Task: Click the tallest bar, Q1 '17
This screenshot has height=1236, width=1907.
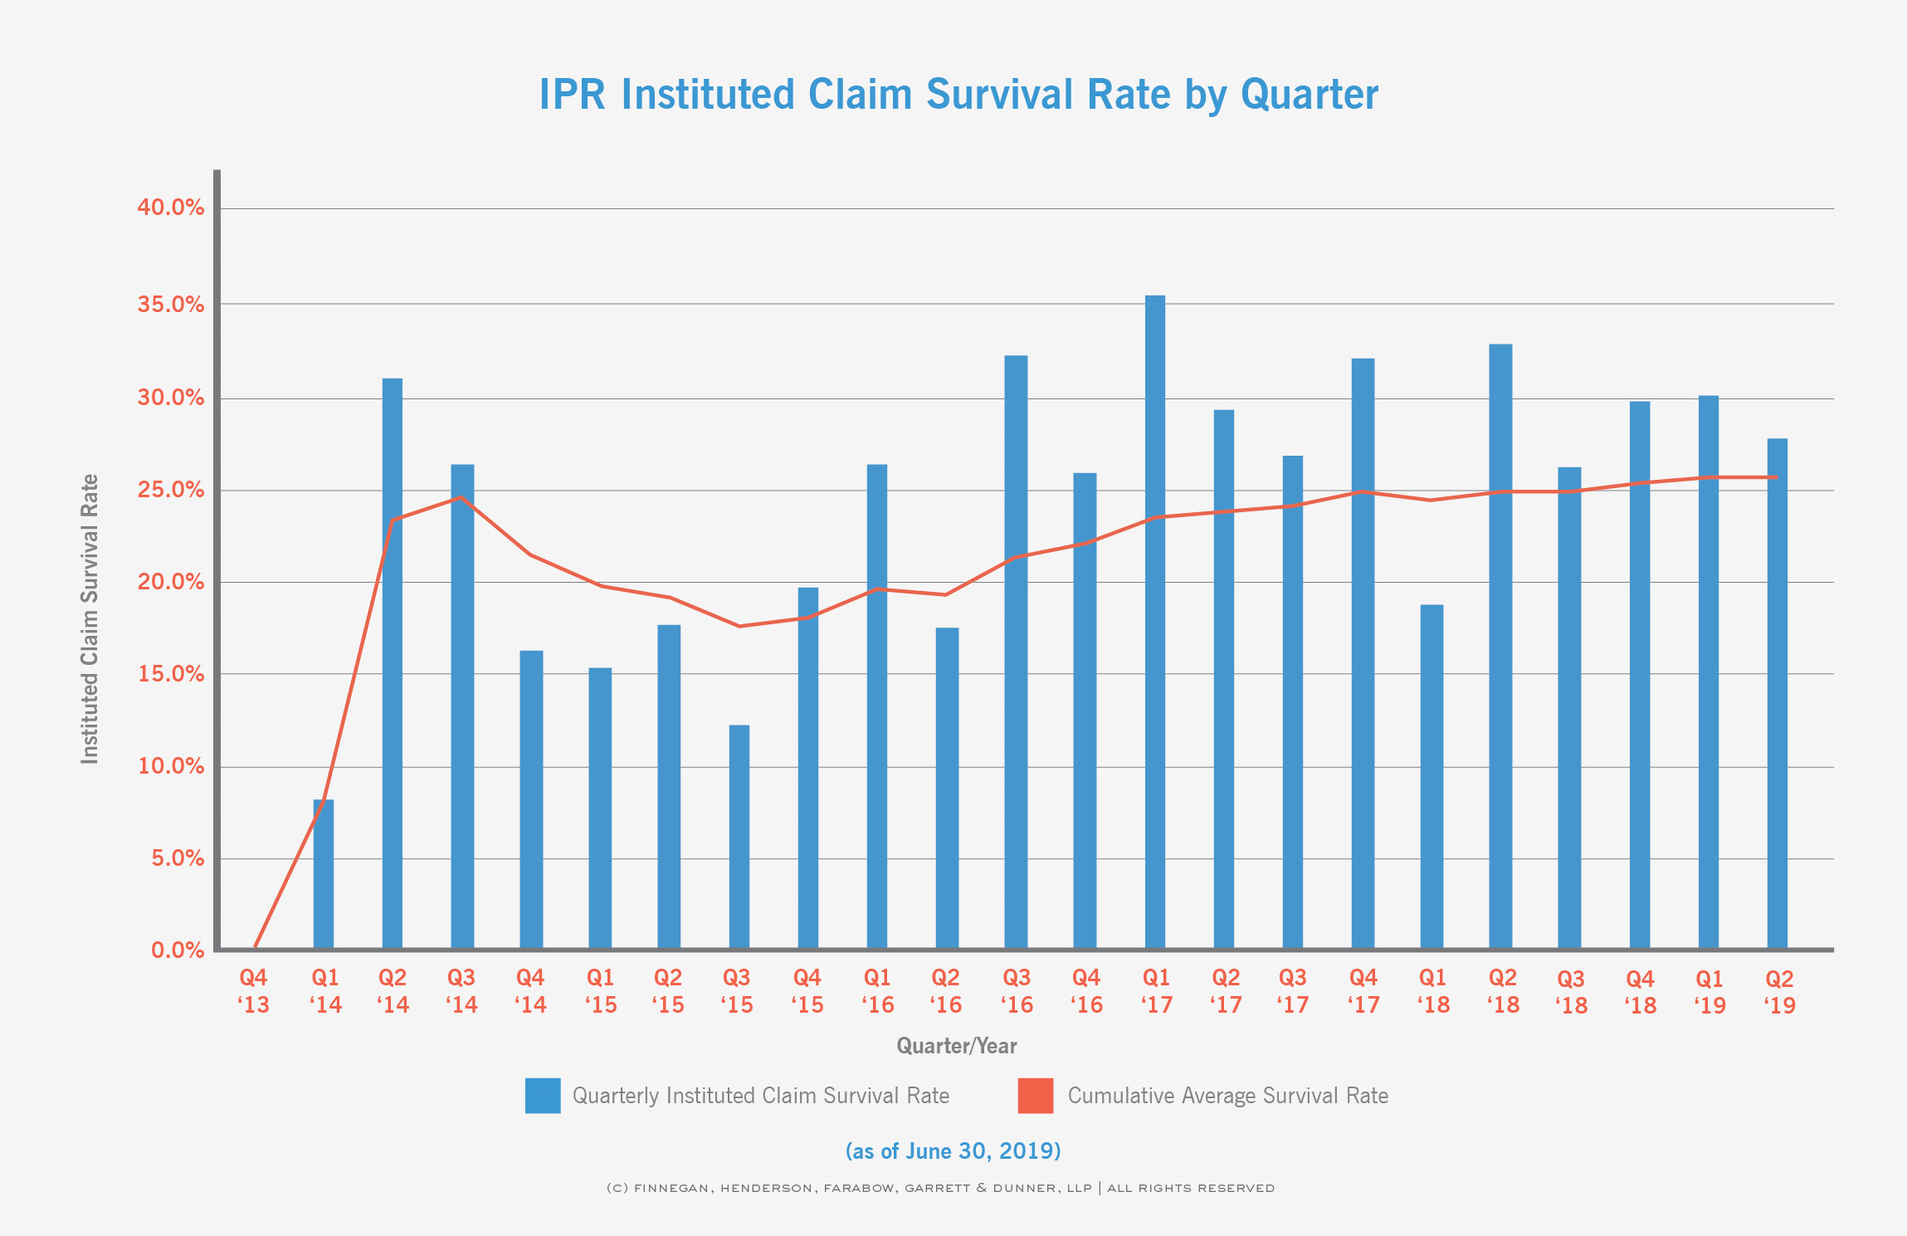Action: tap(1155, 623)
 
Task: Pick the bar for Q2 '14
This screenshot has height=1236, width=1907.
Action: tap(393, 664)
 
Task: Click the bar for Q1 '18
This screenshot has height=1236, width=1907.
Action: tap(1431, 776)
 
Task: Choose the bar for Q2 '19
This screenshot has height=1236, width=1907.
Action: tap(1777, 693)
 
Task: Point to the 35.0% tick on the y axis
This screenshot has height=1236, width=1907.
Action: tap(171, 305)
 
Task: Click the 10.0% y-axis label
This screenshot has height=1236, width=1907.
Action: tap(171, 766)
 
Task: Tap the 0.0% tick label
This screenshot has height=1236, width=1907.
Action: tap(178, 950)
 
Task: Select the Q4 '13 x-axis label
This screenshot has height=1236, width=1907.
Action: tap(253, 991)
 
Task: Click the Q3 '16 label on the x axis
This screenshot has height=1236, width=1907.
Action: tap(1016, 991)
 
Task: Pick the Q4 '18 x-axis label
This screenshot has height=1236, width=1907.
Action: tap(1640, 992)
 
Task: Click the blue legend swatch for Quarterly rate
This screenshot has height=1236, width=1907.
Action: tap(543, 1096)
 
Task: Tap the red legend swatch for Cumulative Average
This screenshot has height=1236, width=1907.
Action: tap(1036, 1096)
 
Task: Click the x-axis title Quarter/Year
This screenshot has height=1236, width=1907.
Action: tap(956, 1046)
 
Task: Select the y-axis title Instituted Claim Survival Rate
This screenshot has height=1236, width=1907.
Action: tap(90, 618)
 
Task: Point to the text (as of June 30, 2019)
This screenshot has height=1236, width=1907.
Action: tap(953, 1151)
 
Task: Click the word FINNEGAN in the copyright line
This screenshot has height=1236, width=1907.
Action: tap(671, 1188)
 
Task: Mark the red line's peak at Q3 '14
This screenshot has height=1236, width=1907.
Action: tap(461, 497)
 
